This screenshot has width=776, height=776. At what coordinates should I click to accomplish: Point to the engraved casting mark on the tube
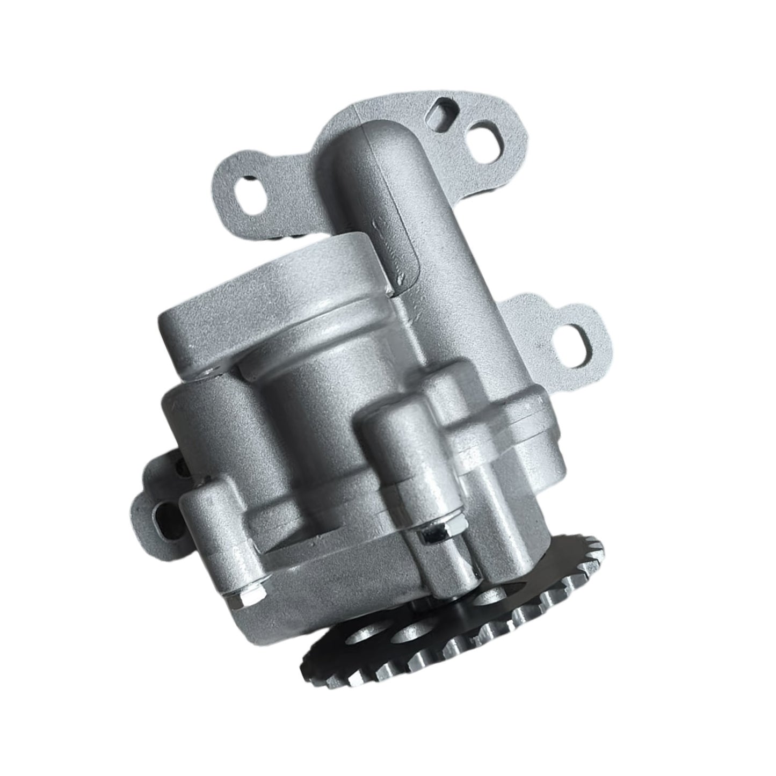397,252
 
